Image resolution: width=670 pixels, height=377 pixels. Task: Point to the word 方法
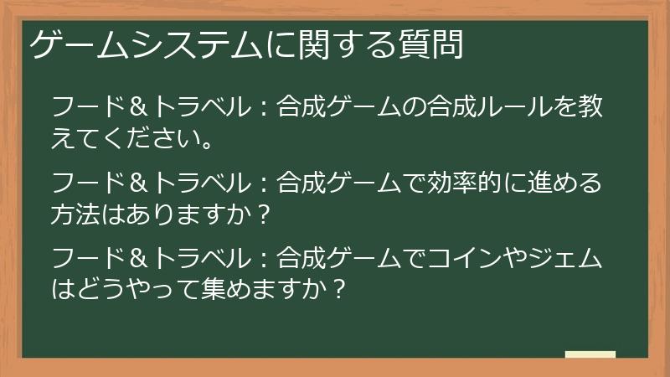click(76, 212)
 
